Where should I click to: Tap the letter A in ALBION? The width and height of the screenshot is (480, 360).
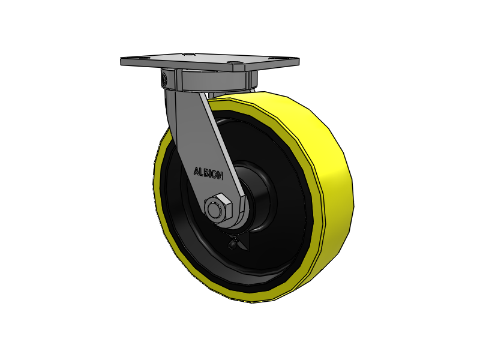point(196,171)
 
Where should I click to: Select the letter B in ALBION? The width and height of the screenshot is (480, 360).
point(206,173)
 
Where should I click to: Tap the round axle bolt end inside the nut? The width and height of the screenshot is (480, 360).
point(214,209)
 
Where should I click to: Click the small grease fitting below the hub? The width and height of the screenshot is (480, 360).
point(233,244)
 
